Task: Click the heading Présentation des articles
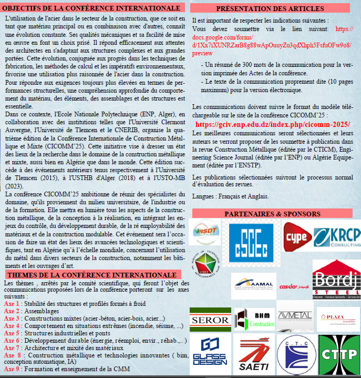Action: tap(270, 8)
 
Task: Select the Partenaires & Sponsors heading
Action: tap(272, 214)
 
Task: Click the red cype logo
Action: tap(297, 236)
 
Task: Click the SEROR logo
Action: tap(210, 319)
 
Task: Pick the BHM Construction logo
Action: tap(254, 319)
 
